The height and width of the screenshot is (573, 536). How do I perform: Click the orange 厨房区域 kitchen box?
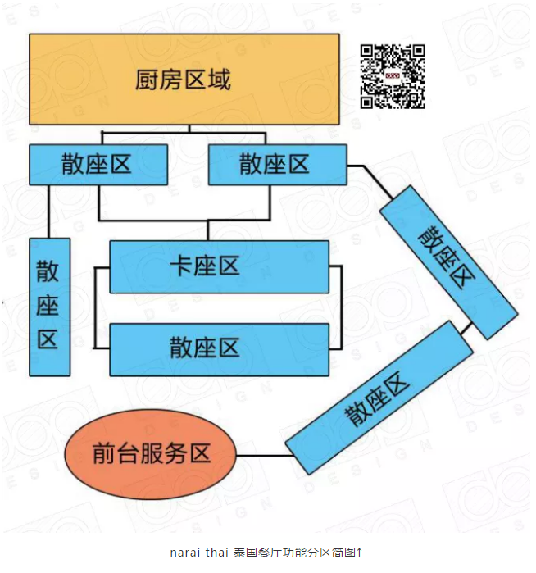184,80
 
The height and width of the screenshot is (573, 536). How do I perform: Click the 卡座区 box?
219,266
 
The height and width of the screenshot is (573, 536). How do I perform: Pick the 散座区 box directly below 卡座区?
219,348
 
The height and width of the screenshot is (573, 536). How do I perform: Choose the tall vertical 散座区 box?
49,307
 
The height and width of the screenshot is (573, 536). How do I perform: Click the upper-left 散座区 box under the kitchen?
98,165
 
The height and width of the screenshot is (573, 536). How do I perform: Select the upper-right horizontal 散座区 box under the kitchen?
277,165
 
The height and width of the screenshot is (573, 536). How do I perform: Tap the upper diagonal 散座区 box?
447,261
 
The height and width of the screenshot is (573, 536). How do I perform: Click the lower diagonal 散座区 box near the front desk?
379,397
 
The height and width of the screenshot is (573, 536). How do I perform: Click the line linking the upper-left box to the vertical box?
49,211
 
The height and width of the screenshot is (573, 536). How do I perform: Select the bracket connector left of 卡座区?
96,307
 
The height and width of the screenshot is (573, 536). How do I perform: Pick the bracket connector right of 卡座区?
341,307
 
